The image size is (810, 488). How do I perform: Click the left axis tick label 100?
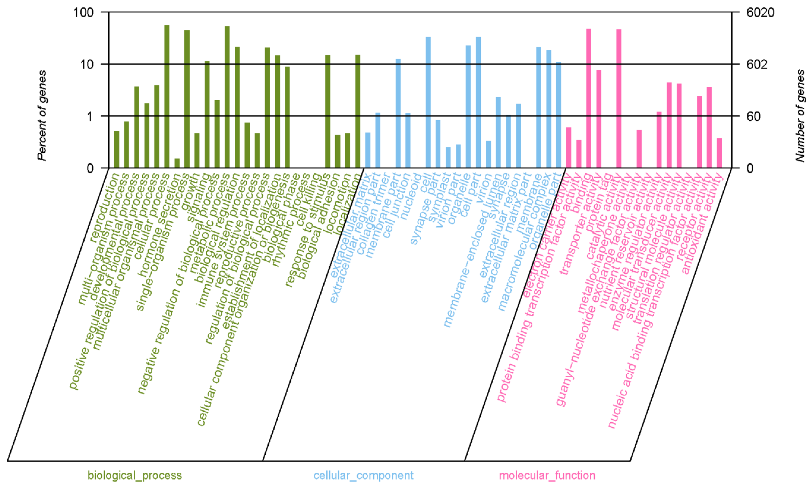(83, 13)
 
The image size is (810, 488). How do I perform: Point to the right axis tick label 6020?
(760, 13)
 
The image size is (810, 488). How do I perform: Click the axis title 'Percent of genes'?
(42, 116)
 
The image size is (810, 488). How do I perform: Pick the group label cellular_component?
(363, 475)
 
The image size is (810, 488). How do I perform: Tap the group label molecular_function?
(547, 475)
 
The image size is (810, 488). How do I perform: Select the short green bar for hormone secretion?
(177, 163)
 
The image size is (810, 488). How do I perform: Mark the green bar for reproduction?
(116, 149)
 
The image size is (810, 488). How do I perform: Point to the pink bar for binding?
(588, 99)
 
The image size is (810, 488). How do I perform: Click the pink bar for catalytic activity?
(619, 99)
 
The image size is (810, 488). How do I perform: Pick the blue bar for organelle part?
(559, 115)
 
